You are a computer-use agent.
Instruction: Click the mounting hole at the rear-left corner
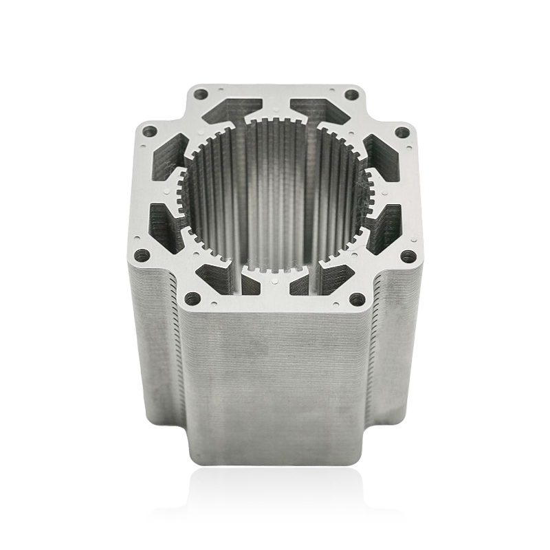(201, 94)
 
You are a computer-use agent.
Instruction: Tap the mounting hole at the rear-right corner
(351, 94)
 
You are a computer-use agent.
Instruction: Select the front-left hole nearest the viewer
(192, 298)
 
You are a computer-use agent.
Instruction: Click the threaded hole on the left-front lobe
(143, 255)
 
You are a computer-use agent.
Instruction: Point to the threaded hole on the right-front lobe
(408, 256)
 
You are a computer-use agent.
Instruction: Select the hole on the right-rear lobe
(402, 131)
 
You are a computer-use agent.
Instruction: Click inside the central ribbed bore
(275, 199)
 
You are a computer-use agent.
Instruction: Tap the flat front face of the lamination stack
(275, 385)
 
